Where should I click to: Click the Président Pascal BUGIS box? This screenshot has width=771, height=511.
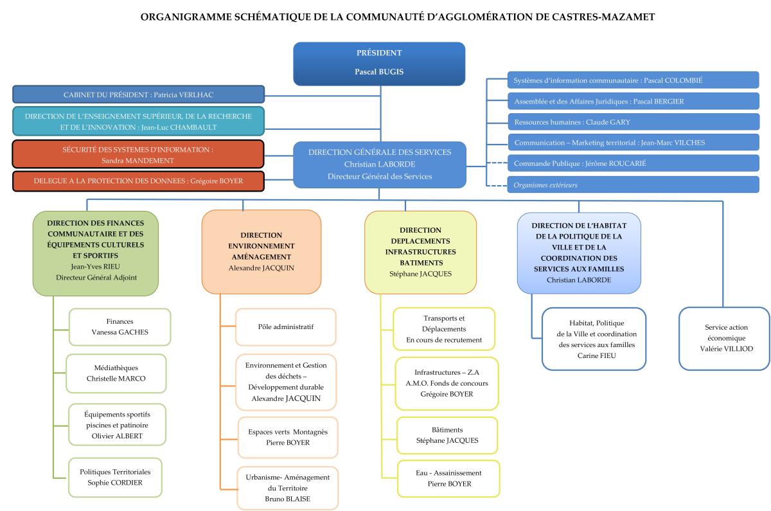[379, 62]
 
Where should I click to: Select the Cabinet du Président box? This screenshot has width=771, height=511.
[138, 94]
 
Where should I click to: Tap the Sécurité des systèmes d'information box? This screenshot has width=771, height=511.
[138, 154]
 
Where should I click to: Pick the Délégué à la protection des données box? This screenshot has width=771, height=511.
[138, 181]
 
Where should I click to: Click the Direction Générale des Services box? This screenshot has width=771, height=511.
[379, 164]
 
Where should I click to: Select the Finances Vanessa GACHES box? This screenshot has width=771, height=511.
[120, 327]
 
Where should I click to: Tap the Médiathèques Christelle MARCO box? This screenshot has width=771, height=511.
[116, 373]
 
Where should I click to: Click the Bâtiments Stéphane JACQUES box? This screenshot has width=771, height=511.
[447, 435]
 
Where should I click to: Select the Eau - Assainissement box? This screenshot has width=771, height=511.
[448, 478]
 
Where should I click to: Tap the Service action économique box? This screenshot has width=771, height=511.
[725, 338]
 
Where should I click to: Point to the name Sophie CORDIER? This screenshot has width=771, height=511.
[116, 483]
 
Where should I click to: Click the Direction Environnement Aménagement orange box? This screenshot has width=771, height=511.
[261, 251]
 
